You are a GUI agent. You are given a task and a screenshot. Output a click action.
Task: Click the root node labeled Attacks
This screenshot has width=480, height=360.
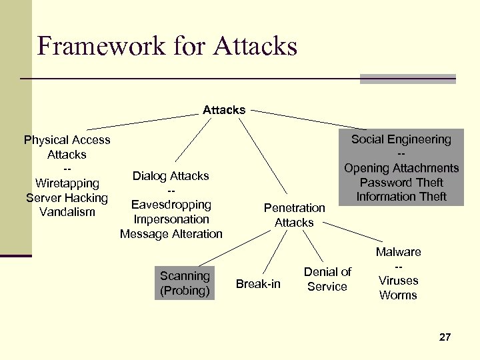pos(224,110)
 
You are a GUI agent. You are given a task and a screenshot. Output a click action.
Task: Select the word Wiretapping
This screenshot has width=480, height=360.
pos(67,183)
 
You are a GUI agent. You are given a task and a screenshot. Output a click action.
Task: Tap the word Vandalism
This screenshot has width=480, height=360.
pos(67,212)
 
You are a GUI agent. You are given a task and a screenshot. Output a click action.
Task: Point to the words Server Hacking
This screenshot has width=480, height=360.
pos(67,198)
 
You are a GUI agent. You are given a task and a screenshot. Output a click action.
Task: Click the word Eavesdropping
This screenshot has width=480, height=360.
pos(171,205)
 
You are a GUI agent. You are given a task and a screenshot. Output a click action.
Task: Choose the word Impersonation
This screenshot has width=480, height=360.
pos(171,219)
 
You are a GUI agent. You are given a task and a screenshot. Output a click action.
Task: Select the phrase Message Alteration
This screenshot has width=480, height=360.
pos(171,234)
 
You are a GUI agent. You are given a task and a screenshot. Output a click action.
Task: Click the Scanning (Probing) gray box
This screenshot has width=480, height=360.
pos(185,283)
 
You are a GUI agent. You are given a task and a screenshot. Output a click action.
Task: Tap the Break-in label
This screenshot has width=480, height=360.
pos(259,285)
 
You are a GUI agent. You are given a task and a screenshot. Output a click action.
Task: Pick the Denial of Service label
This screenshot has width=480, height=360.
pos(327,279)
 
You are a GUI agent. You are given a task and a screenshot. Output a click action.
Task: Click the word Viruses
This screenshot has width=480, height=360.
pos(398,281)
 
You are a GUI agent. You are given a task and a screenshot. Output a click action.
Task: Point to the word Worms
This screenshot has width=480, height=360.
pos(398,295)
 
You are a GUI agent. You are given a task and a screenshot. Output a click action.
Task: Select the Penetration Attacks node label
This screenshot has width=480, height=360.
pos(294,215)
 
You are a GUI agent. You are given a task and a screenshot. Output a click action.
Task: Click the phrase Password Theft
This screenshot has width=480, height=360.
pos(401,183)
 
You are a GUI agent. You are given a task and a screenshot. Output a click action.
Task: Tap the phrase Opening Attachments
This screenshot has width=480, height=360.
pos(401,168)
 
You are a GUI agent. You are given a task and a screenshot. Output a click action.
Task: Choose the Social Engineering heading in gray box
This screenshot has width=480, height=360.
pos(401,139)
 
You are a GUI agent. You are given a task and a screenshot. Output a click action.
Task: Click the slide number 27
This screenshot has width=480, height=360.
pos(445,337)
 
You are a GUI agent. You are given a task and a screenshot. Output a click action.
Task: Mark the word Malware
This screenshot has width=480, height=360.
pos(398,252)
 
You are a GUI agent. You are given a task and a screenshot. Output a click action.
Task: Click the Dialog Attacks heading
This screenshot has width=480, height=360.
pos(171,176)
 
